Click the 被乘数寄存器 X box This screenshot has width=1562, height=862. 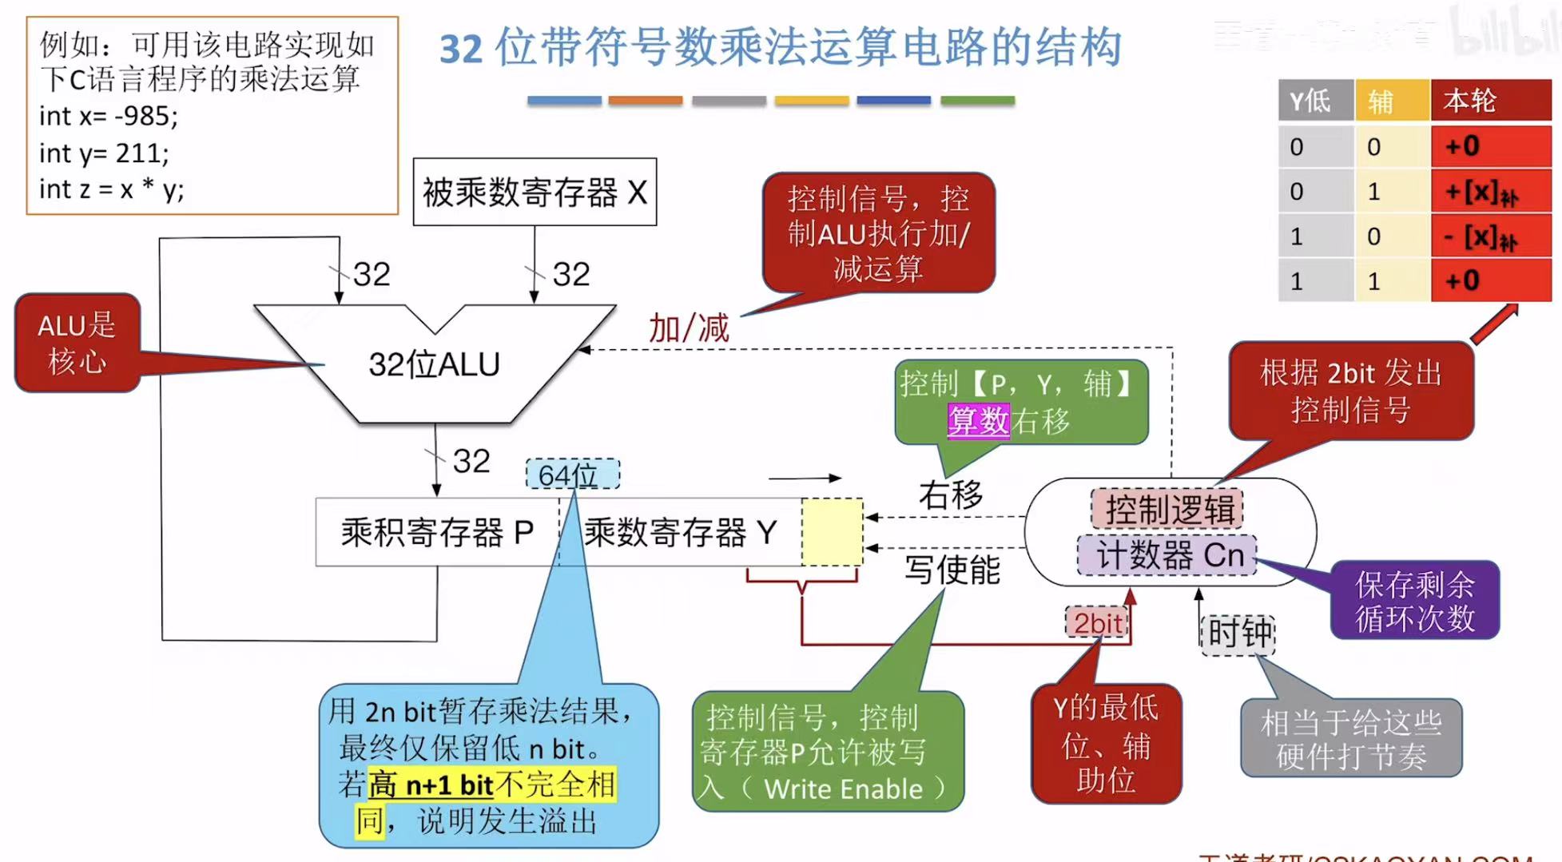pyautogui.click(x=534, y=193)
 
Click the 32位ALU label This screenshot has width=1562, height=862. pyautogui.click(x=434, y=364)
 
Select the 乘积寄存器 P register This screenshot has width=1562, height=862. pyautogui.click(x=436, y=532)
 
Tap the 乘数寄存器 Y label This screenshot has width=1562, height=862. pyautogui.click(x=680, y=532)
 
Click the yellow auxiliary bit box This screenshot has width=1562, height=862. pyautogui.click(x=832, y=532)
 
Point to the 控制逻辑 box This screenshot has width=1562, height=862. pyautogui.click(x=1167, y=509)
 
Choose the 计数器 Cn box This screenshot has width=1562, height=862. pyautogui.click(x=1167, y=554)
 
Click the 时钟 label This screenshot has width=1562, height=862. pyautogui.click(x=1238, y=633)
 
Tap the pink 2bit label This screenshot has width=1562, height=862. pyautogui.click(x=1097, y=623)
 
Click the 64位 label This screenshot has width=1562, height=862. pyautogui.click(x=571, y=475)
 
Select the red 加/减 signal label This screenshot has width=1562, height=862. pyautogui.click(x=688, y=328)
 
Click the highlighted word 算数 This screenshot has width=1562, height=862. pyautogui.click(x=978, y=420)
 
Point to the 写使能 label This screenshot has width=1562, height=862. pyautogui.click(x=952, y=570)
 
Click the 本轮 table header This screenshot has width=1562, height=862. pyautogui.click(x=1490, y=101)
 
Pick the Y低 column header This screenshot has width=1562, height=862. pyautogui.click(x=1314, y=101)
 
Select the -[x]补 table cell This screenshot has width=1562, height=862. pyautogui.click(x=1490, y=236)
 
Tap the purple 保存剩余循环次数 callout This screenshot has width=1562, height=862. pyautogui.click(x=1414, y=601)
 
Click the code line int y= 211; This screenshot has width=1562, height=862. pyautogui.click(x=104, y=153)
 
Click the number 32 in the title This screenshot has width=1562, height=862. pyautogui.click(x=461, y=48)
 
